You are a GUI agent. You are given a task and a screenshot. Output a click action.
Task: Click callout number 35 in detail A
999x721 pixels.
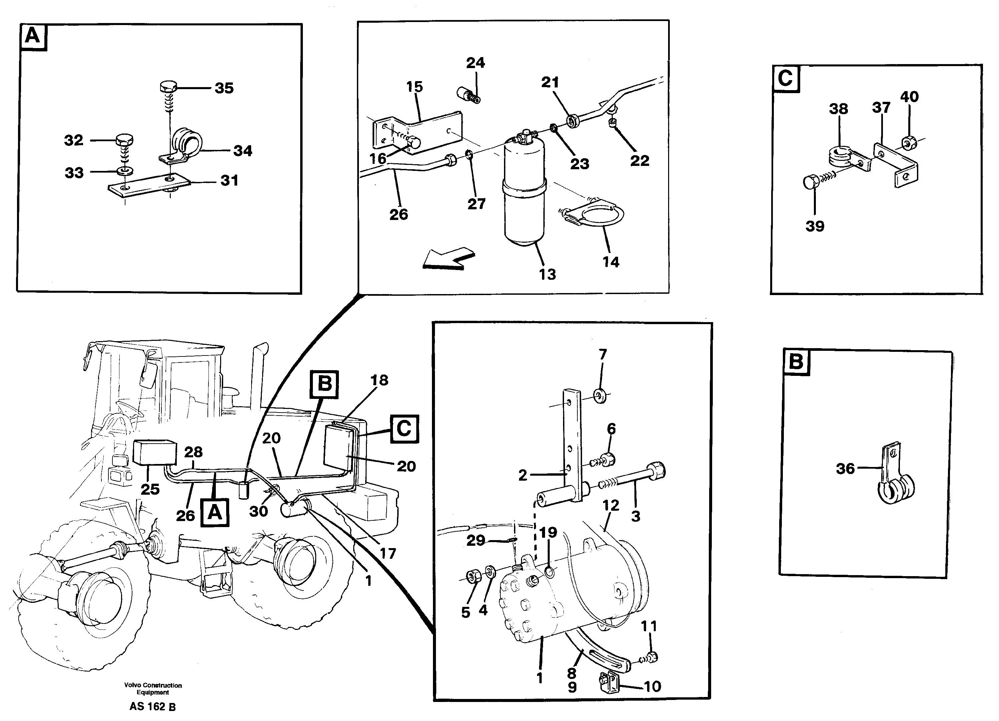224,88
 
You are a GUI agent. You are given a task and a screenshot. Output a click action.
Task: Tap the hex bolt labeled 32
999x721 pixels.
125,141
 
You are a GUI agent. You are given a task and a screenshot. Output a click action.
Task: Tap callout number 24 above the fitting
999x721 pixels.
475,63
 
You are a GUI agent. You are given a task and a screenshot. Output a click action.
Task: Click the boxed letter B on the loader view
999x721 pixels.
324,384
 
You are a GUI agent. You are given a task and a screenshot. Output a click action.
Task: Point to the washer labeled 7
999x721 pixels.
599,396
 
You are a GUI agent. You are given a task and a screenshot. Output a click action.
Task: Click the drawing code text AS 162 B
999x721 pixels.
152,707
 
